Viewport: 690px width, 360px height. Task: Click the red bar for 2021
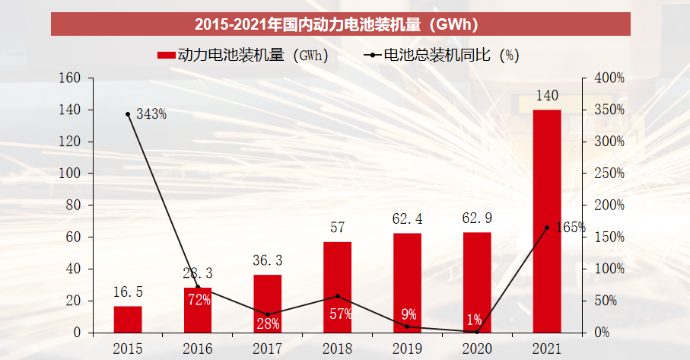547,221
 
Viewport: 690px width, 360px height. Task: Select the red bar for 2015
128,320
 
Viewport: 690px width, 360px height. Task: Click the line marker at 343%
128,114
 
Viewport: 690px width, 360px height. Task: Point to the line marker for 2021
547,228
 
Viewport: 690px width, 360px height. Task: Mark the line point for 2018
337,296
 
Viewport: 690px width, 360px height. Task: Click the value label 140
547,97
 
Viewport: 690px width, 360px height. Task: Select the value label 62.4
407,220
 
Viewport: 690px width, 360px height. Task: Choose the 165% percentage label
570,227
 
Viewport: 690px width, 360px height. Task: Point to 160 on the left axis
69,78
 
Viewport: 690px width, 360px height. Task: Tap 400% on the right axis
609,78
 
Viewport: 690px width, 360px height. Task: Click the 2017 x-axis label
267,349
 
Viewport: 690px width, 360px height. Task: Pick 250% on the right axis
609,174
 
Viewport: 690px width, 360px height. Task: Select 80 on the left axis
72,205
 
